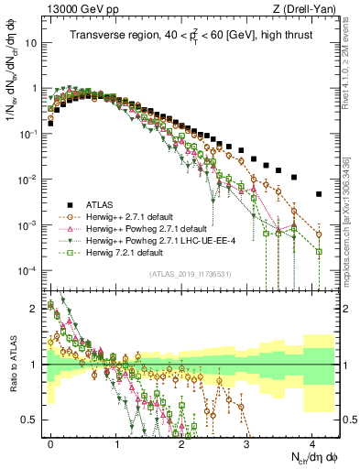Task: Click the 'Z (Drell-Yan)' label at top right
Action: pos(307,9)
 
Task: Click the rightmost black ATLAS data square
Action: pos(318,194)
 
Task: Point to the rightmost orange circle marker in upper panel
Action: pos(318,234)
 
